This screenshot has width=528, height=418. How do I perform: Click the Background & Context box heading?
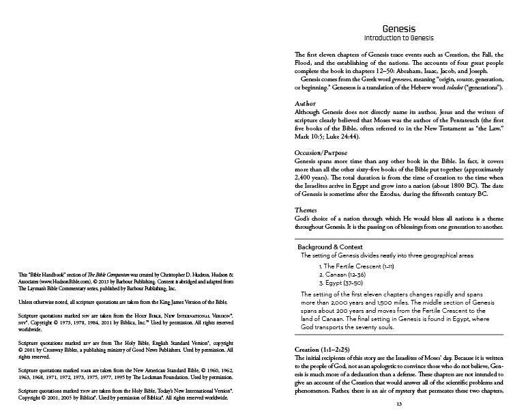pyautogui.click(x=330, y=247)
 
